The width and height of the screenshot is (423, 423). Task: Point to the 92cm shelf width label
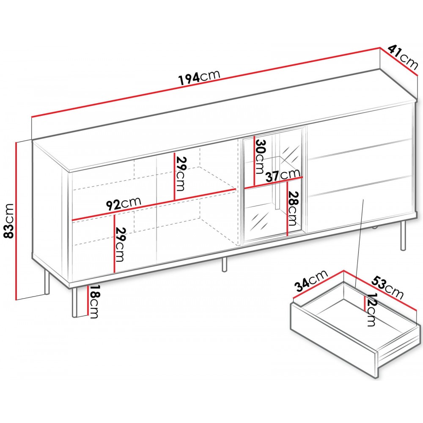pos(123,203)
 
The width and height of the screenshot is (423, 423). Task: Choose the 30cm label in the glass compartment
pos(260,156)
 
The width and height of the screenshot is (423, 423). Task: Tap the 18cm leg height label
pos(93,302)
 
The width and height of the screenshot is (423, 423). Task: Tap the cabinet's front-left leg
pos(75,302)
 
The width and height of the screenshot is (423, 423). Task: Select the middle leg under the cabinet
pos(225,264)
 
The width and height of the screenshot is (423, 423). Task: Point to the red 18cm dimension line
pos(88,300)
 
